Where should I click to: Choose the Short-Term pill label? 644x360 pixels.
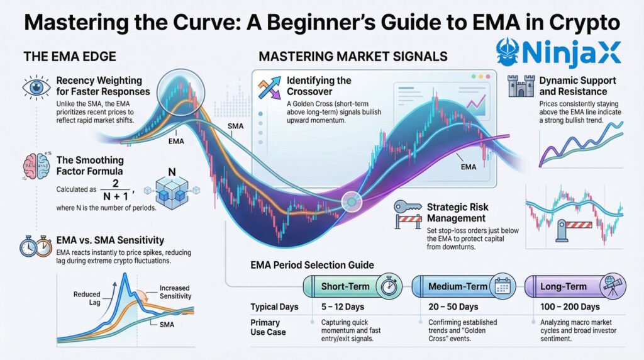click(345, 286)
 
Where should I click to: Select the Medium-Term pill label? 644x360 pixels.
click(457, 286)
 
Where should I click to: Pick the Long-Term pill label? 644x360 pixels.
click(564, 286)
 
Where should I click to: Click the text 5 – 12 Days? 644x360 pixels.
click(341, 307)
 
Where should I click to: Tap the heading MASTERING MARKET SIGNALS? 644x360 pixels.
click(353, 57)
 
